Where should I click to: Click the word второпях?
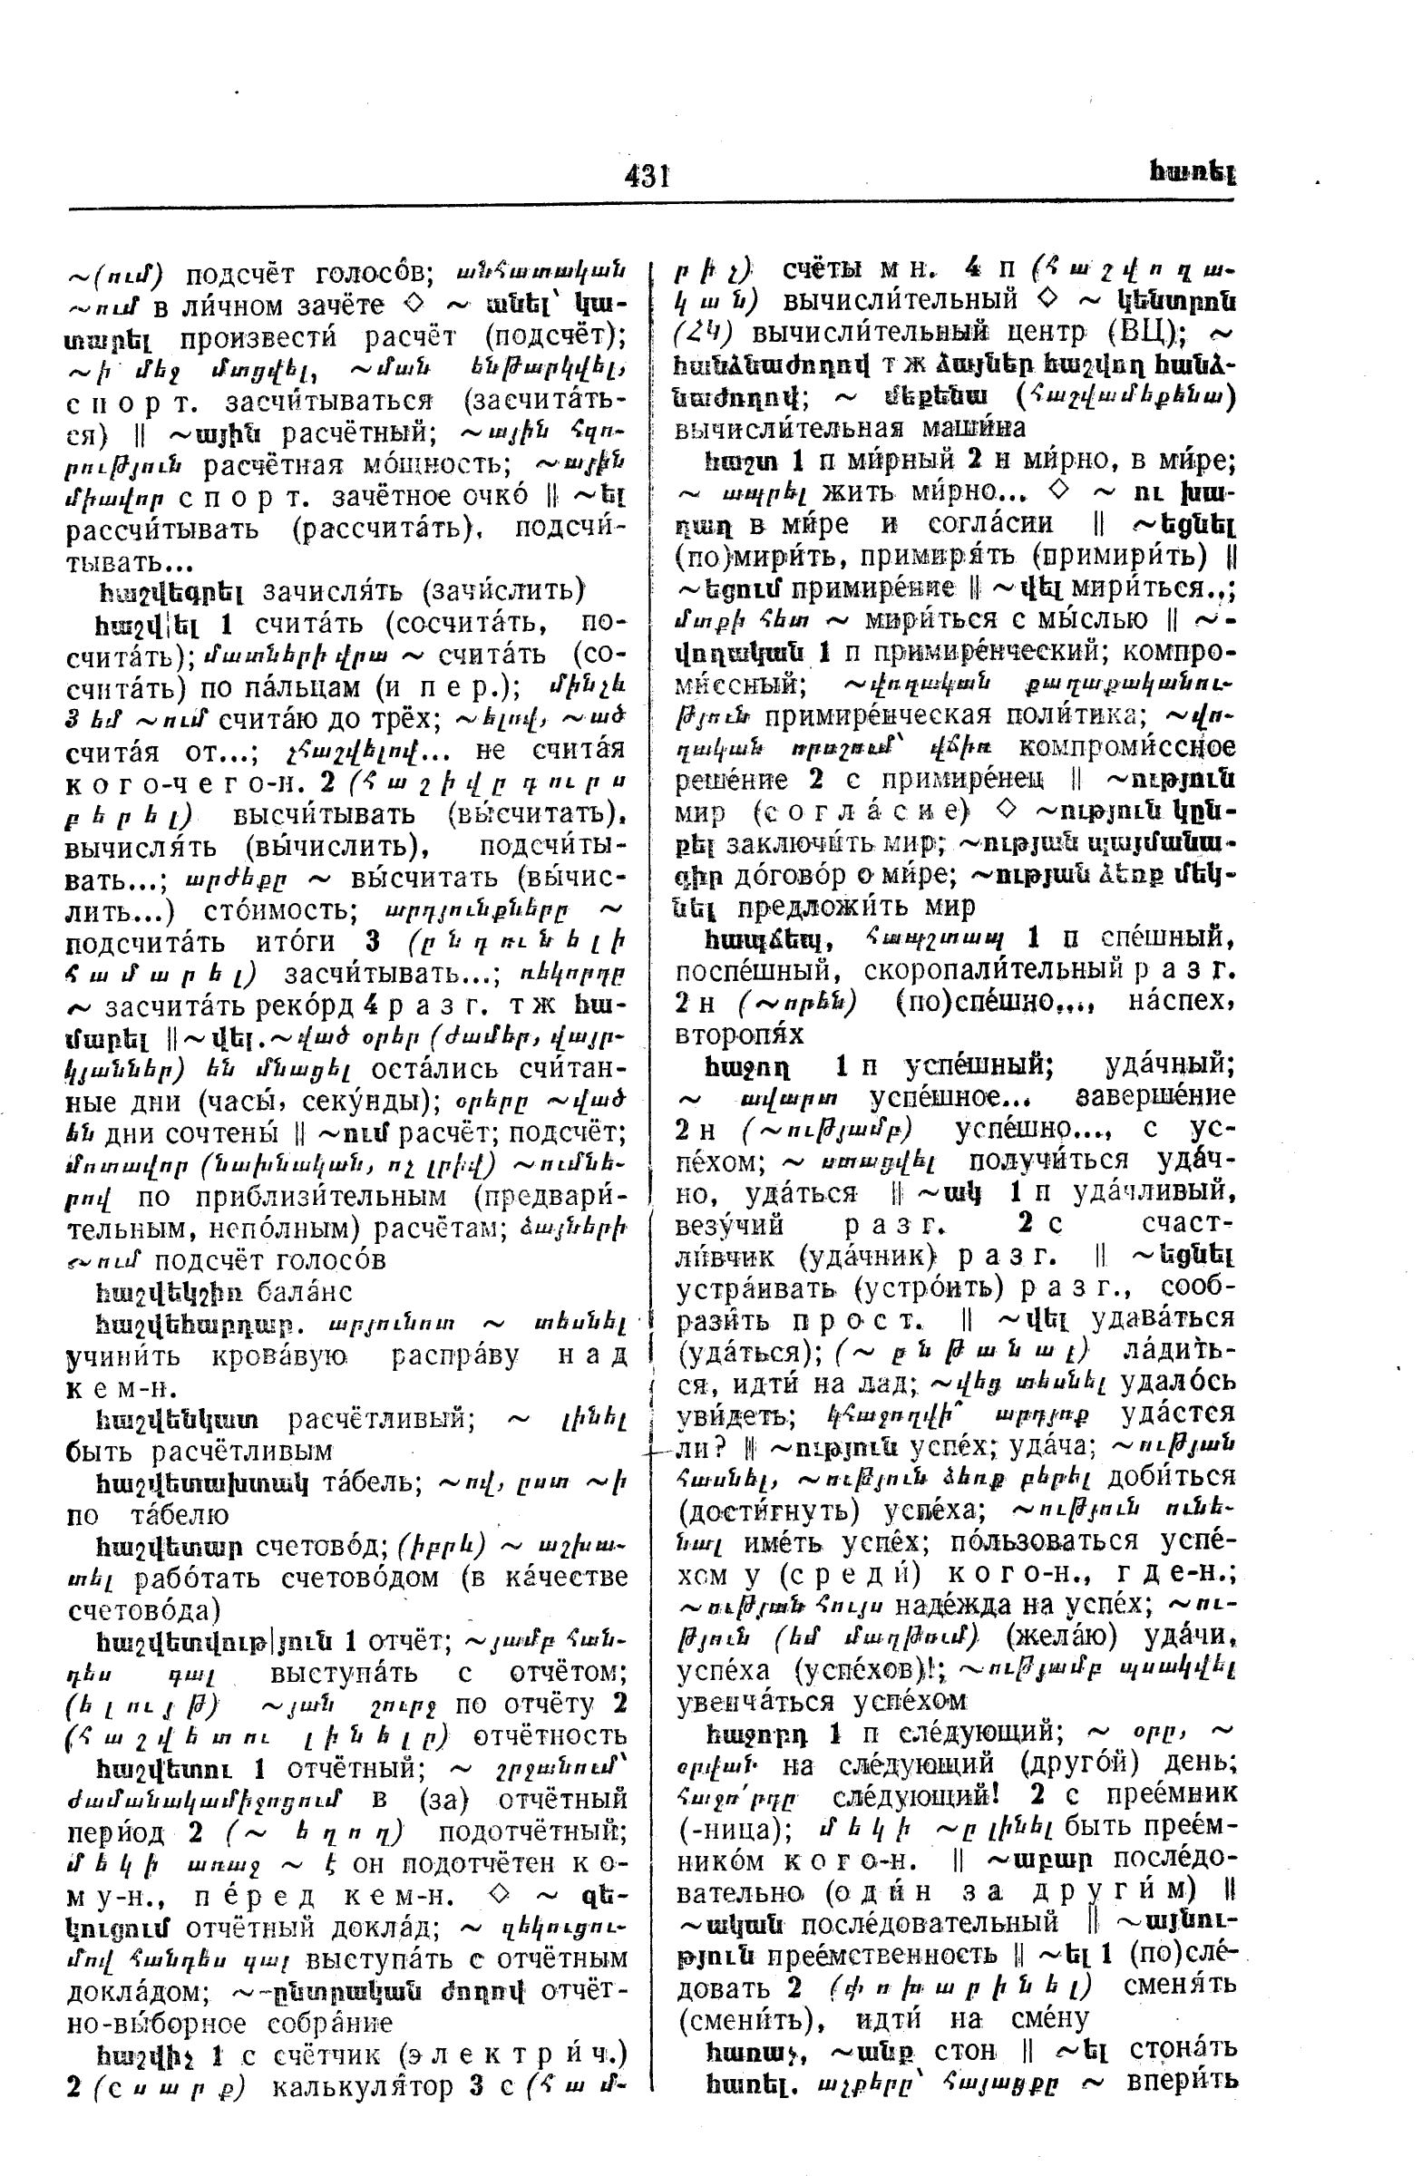(739, 1035)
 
